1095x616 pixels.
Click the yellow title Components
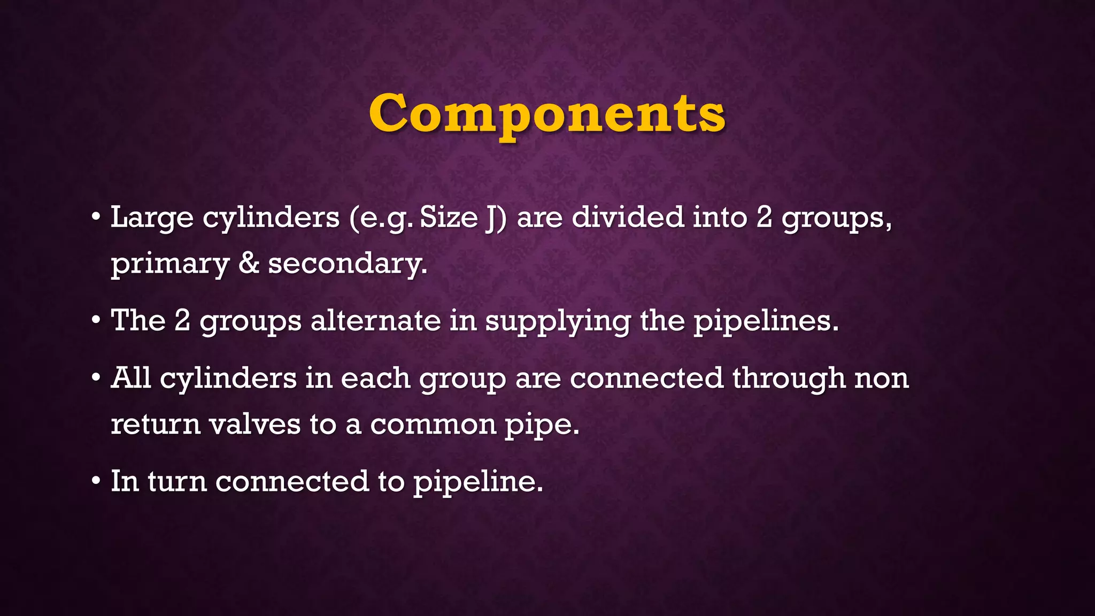546,114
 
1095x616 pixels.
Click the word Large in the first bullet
152,218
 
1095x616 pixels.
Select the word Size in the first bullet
449,217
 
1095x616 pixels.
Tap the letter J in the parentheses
491,218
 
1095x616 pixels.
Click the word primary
169,264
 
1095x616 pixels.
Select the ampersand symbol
249,263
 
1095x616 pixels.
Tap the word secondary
348,263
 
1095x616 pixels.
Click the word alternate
375,321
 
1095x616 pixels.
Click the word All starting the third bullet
131,378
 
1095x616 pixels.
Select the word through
789,379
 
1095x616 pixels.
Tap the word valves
255,425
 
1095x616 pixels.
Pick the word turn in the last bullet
177,481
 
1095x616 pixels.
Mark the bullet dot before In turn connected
96,481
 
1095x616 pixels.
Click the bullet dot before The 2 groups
96,321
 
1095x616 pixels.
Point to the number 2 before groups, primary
764,217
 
